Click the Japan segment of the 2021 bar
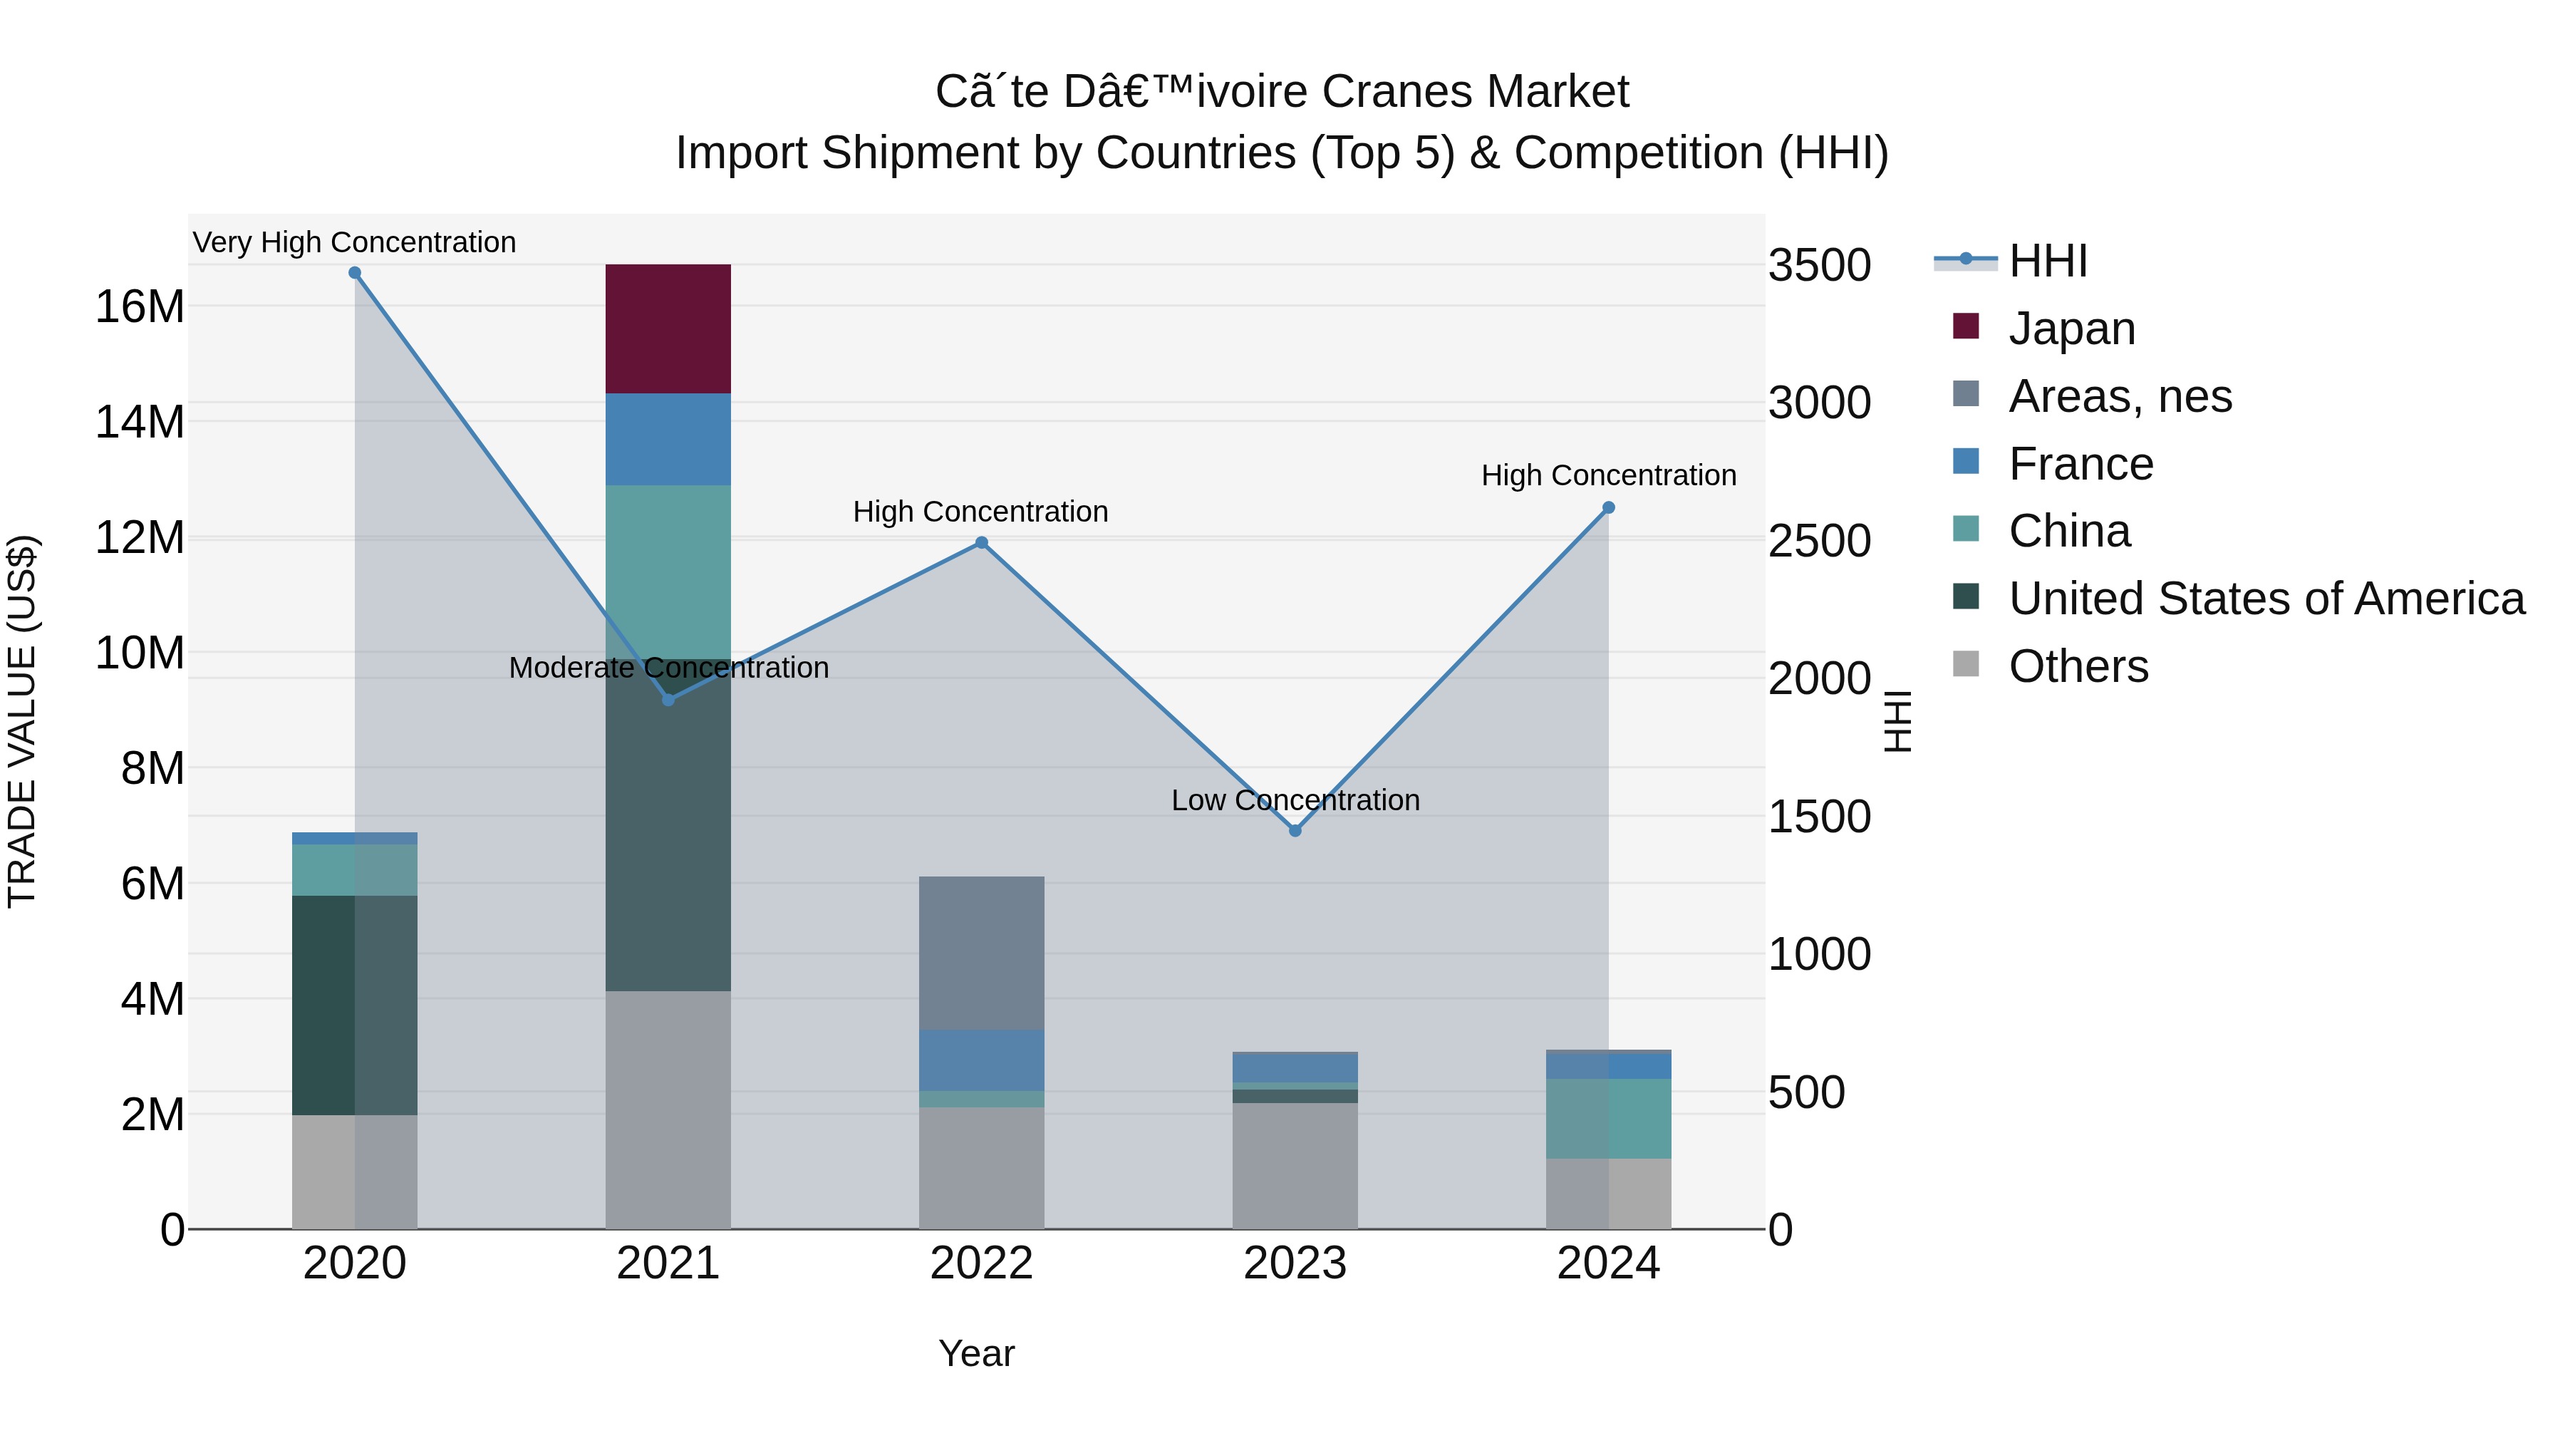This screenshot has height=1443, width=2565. point(668,329)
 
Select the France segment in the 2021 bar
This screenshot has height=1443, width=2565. point(668,439)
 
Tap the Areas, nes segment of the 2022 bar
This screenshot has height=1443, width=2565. point(981,953)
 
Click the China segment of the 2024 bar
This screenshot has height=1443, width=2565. point(1608,1118)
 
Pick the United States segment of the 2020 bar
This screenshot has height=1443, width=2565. point(355,1005)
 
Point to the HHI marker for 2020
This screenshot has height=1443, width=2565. point(355,273)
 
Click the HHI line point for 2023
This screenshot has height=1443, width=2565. point(1295,831)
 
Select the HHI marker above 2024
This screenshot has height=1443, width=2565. point(1608,508)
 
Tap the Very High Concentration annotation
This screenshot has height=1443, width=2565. point(355,242)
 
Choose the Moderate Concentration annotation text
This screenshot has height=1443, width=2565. point(668,667)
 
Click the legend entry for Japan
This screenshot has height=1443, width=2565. point(2071,329)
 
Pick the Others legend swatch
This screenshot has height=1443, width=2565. point(1966,664)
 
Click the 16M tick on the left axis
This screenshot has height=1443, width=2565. point(140,306)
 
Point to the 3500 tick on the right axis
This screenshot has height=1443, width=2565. point(1819,266)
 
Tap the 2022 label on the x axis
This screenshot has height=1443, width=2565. point(981,1263)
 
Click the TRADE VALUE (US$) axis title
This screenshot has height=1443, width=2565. point(22,721)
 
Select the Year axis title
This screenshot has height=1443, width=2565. point(976,1353)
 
